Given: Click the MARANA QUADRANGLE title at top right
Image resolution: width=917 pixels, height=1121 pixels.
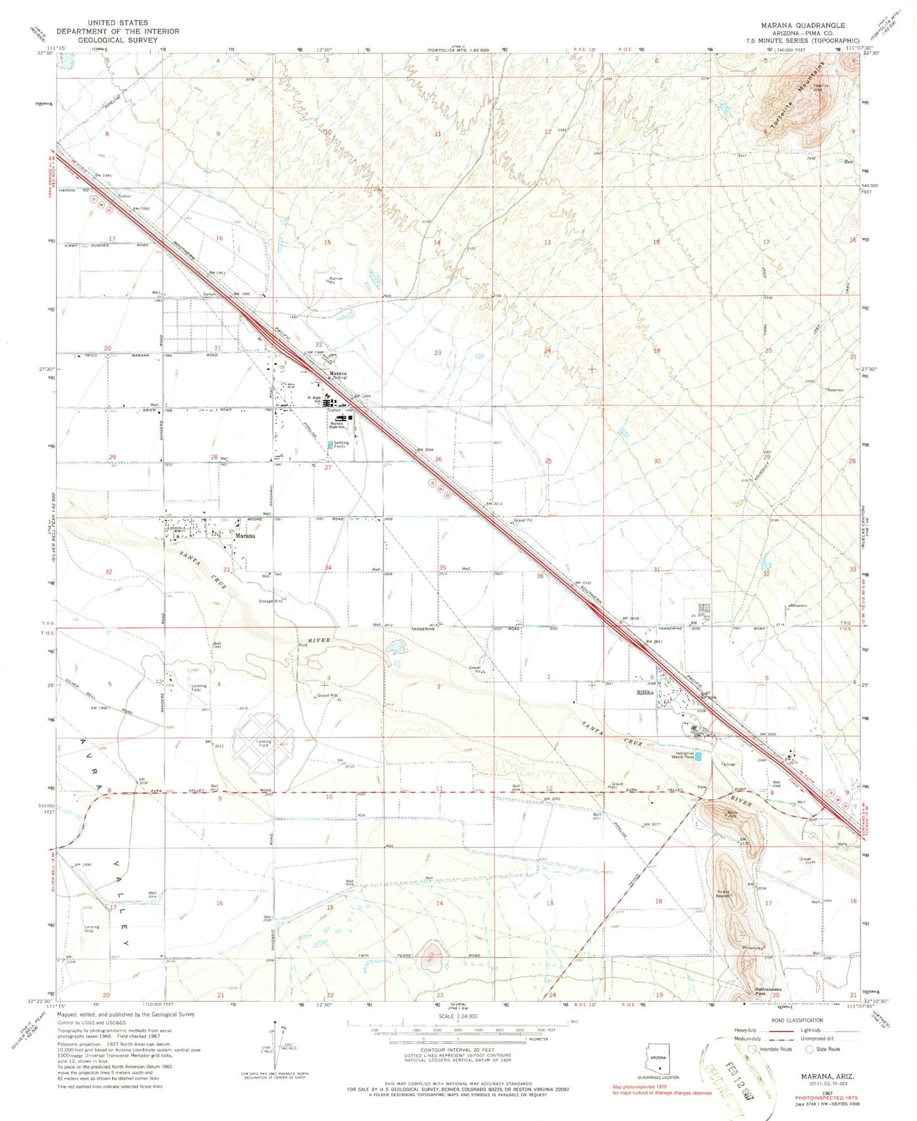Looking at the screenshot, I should pos(803,25).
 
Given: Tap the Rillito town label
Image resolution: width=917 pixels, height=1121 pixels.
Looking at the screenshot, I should pos(645,693).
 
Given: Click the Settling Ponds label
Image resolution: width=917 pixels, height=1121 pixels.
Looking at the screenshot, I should pos(341,444).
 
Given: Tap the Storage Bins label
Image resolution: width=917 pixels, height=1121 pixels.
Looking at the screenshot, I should pos(270,600).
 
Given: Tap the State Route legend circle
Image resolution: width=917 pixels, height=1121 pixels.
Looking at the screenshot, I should pos(809,1049).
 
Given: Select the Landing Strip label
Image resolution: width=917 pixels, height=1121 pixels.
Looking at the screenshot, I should pos(91,929).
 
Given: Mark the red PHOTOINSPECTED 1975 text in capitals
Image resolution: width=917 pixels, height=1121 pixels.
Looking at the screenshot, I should pos(821,1097).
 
